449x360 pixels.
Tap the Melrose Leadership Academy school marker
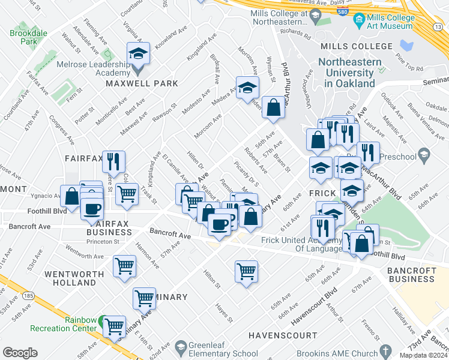[x=139, y=55]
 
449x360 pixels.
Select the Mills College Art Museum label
[x=393, y=22]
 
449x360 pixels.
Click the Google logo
[x=20, y=352]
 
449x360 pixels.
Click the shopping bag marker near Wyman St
[x=273, y=109]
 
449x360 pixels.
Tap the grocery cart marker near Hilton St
[x=246, y=272]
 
